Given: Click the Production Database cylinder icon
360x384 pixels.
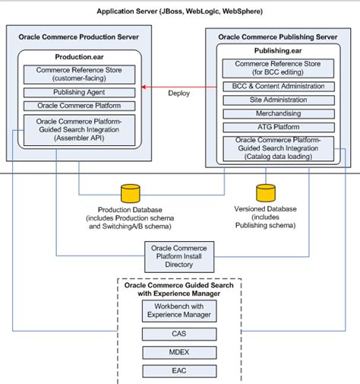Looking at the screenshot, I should point(132,194).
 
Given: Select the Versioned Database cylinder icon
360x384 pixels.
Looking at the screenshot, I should point(266,194).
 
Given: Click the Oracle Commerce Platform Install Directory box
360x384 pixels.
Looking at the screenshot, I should point(180,256).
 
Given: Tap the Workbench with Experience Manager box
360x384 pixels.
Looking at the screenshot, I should point(179,310).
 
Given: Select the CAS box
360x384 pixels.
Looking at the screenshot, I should point(179,334).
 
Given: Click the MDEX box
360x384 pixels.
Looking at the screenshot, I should point(179,353).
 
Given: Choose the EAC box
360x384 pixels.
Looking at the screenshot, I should point(179,372).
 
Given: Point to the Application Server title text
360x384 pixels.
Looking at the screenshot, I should point(180,11).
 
